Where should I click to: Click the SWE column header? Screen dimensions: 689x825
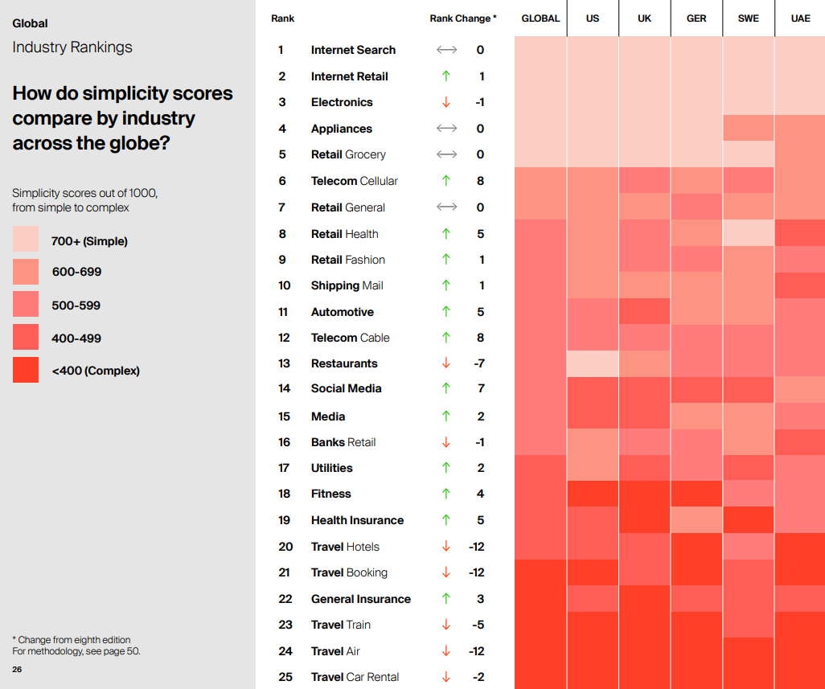[748, 18]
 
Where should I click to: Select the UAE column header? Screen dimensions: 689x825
[799, 18]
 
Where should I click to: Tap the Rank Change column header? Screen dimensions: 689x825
[463, 18]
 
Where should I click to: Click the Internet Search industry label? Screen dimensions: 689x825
[353, 50]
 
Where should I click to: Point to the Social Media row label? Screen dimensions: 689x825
[346, 388]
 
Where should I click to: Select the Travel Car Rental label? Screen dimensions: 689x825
[355, 677]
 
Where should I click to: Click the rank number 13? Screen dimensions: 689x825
[284, 363]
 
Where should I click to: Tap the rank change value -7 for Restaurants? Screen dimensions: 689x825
[479, 363]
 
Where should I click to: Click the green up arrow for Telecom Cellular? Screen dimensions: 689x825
[446, 181]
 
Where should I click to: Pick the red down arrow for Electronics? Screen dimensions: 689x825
[446, 102]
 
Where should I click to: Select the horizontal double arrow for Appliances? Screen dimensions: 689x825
[446, 129]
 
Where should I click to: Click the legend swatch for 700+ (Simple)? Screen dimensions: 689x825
[26, 240]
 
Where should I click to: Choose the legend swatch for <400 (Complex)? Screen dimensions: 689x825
[26, 370]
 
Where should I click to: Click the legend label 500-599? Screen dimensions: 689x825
[76, 306]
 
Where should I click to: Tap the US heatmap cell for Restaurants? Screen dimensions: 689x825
[593, 363]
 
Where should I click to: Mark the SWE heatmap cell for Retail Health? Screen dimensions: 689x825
[748, 233]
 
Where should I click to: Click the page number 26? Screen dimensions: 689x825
[17, 670]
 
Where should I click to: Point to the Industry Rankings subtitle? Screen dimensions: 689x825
[72, 47]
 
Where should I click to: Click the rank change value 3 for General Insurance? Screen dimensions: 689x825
[480, 599]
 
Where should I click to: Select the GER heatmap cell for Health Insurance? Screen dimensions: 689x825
[696, 520]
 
